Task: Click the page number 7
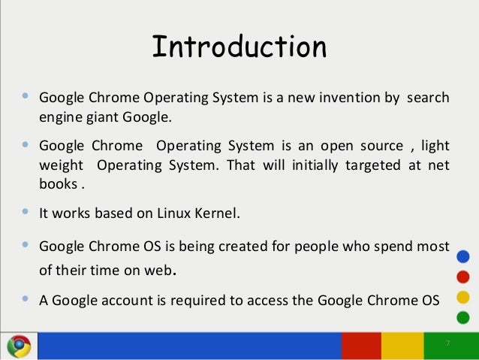click(x=447, y=343)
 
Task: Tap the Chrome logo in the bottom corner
click(x=19, y=345)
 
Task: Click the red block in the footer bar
click(x=361, y=345)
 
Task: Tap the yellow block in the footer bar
click(x=402, y=345)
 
